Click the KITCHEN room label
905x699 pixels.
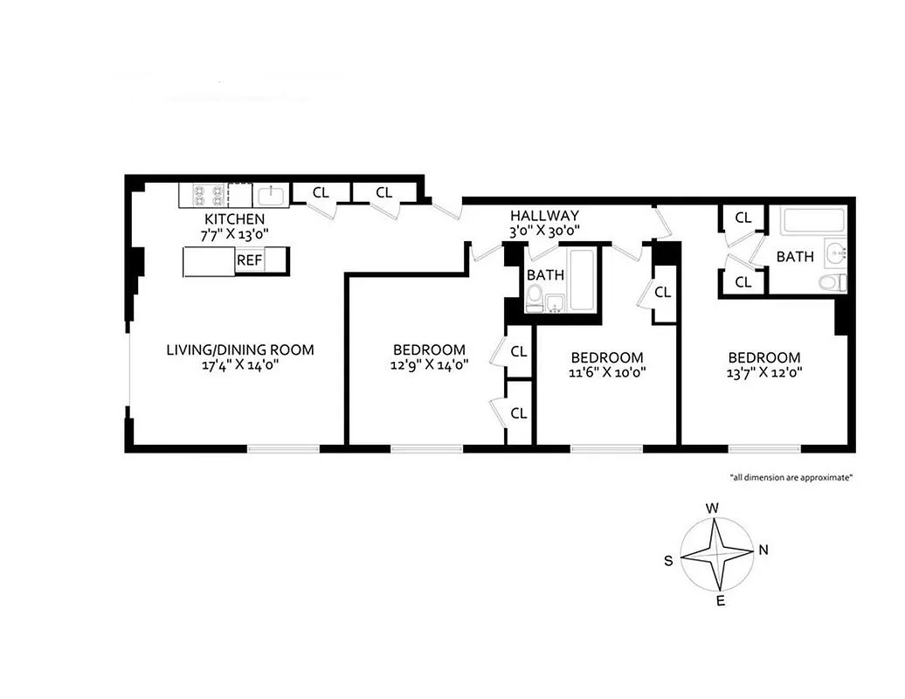234,218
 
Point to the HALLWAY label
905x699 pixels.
544,216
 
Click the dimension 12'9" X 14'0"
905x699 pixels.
429,366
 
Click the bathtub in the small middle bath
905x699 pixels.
581,280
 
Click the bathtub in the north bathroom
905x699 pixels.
812,219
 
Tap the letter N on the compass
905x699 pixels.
763,550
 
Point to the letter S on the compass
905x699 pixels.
668,561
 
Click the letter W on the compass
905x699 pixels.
712,508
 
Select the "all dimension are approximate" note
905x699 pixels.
791,477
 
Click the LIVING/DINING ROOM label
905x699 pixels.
240,350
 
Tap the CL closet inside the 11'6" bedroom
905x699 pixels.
662,293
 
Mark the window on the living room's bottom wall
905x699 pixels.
283,449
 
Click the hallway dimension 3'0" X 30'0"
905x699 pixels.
544,232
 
